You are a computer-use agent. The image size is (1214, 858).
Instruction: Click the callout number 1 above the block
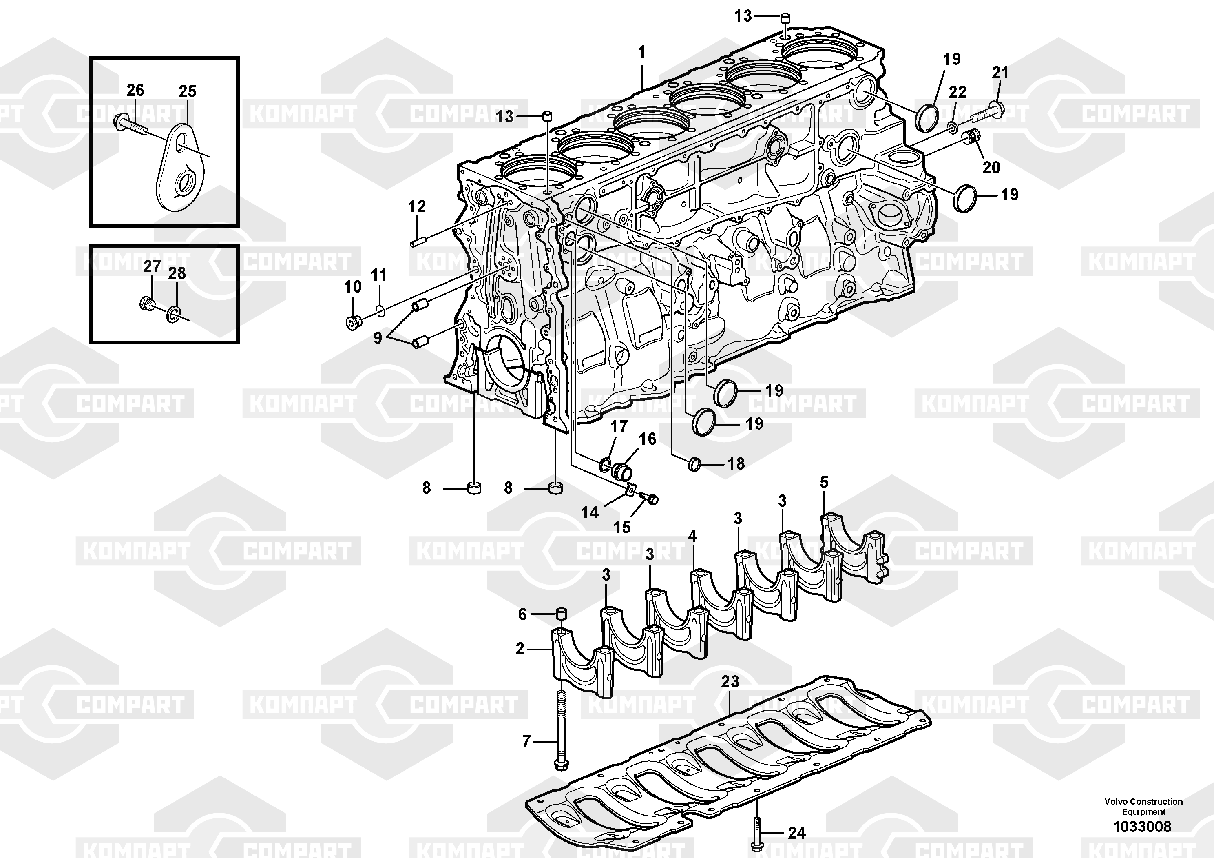coord(642,52)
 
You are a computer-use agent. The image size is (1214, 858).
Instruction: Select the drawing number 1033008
coord(1142,826)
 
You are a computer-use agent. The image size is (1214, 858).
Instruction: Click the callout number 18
coord(736,464)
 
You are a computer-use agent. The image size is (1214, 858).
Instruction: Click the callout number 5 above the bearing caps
coord(824,482)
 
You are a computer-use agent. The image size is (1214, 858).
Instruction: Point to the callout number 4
coord(692,536)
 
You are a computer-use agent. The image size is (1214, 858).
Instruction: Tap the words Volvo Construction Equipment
coord(1143,807)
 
